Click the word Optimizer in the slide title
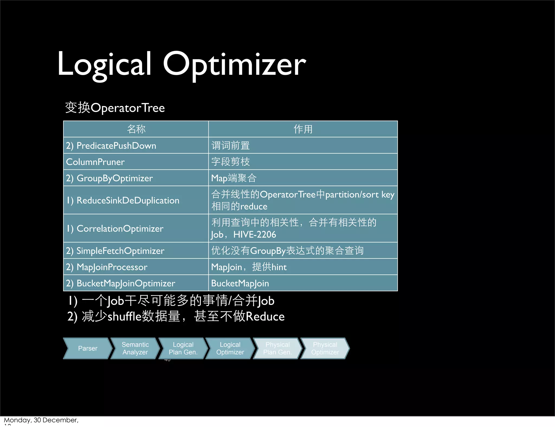(234, 64)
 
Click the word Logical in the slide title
(104, 64)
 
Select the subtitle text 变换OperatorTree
(115, 108)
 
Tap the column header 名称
(136, 129)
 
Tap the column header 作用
(303, 129)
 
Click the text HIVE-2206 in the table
(255, 234)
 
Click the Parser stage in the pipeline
(88, 348)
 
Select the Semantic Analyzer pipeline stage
(135, 348)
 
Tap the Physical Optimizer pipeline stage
(325, 348)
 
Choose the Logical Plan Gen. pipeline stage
(183, 348)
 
